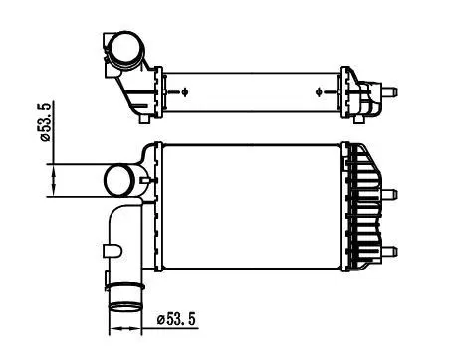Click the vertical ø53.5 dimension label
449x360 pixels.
pyautogui.click(x=46, y=122)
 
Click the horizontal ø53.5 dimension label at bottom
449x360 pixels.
pyautogui.click(x=176, y=319)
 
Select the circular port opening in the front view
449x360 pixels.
pyautogui.click(x=119, y=181)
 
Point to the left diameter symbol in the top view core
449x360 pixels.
pyautogui.click(x=185, y=91)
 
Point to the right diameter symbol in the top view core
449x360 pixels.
pyautogui.click(x=319, y=91)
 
